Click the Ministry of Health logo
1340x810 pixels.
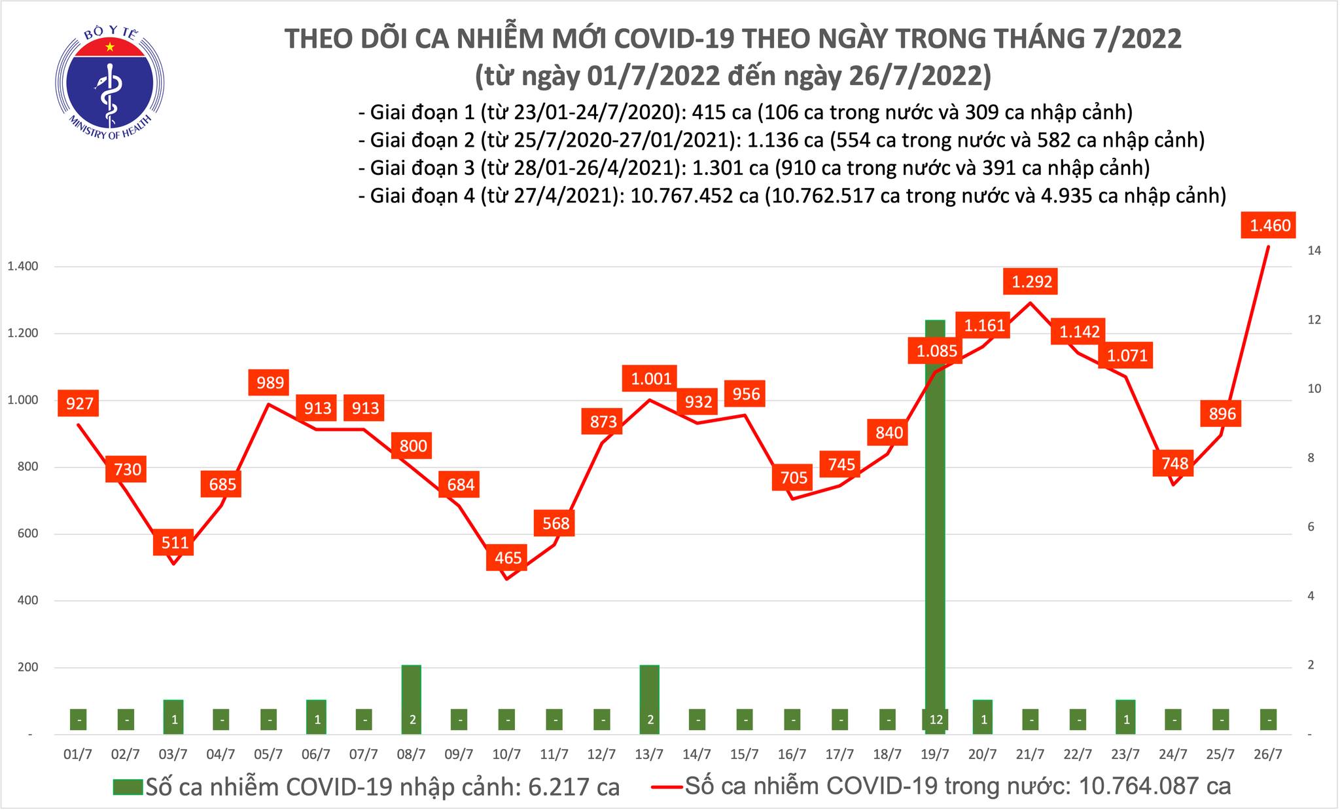pos(109,81)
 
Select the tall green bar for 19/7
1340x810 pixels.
pos(935,524)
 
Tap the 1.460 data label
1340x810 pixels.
pos(1269,226)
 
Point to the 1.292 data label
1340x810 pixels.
pos(1032,282)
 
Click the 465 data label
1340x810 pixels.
pos(508,558)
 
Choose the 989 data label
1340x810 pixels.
pos(270,382)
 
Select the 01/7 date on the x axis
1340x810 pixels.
pos(78,754)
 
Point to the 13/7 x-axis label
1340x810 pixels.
pos(649,754)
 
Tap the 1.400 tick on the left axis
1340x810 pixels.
pos(24,267)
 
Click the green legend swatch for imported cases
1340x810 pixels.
pos(128,786)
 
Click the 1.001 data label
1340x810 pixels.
pos(651,378)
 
